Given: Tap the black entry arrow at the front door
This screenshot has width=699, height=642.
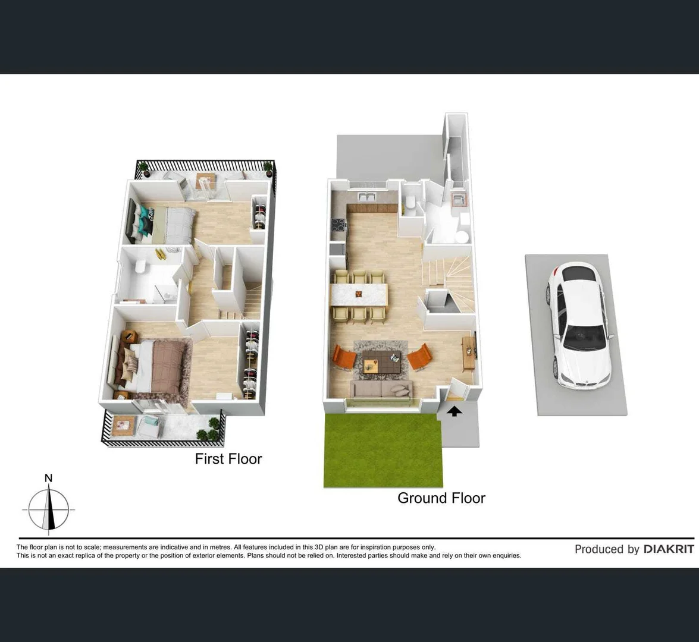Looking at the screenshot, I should [x=454, y=410].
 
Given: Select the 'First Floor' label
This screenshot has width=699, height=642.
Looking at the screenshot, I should [x=228, y=459].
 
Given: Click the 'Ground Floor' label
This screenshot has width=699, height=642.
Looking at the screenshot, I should [x=441, y=498].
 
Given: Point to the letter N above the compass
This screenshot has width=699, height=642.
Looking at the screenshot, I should [x=49, y=478].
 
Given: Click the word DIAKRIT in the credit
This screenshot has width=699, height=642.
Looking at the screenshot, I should [x=669, y=549].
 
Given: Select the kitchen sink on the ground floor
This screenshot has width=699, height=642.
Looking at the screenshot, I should [x=365, y=197].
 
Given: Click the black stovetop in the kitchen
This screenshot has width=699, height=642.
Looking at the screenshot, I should [x=338, y=225].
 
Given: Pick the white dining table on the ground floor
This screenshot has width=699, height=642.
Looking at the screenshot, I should [x=359, y=294].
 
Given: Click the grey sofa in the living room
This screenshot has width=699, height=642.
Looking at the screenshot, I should [x=381, y=389].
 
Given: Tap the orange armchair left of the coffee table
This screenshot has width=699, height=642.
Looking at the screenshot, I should [x=343, y=357].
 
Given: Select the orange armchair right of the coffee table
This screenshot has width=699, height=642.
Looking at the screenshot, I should [x=419, y=357].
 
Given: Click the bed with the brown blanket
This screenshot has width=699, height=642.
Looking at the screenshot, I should [x=156, y=365].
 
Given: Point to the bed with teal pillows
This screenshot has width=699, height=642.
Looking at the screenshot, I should [x=167, y=224].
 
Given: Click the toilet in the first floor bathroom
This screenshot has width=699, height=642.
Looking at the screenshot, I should [x=140, y=267].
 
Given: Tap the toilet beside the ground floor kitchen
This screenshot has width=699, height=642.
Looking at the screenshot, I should [x=410, y=203].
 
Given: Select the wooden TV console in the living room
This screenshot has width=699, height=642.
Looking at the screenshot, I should [x=469, y=354].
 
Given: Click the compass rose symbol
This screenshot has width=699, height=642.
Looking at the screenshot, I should [x=49, y=510].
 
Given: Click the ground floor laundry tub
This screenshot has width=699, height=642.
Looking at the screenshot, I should [x=459, y=199].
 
